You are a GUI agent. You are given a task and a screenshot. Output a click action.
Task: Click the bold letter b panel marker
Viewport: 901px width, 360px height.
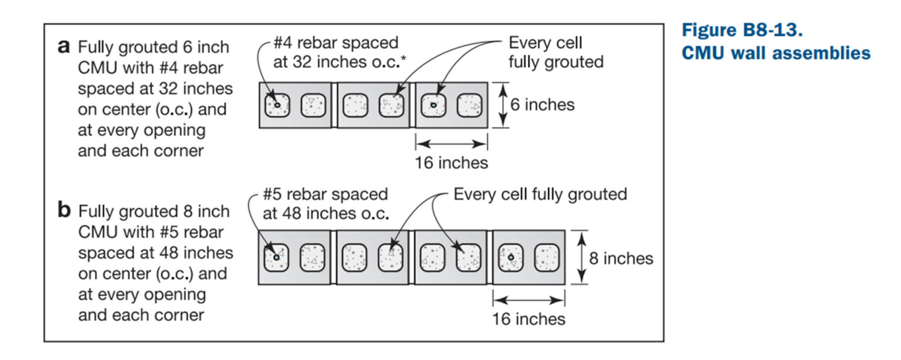click(65, 210)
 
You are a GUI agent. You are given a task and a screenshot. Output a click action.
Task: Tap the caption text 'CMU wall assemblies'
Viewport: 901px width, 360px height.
click(776, 53)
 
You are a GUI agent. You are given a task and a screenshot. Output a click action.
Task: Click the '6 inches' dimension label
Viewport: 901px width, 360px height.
click(542, 105)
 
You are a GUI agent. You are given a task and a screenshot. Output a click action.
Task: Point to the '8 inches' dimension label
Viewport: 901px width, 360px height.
click(621, 259)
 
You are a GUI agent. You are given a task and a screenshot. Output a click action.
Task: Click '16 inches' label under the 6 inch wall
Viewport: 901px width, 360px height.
click(451, 162)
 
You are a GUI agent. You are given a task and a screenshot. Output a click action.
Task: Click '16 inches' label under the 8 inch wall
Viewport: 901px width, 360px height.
click(529, 319)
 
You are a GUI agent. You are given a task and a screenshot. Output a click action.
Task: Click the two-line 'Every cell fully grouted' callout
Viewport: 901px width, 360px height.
click(555, 52)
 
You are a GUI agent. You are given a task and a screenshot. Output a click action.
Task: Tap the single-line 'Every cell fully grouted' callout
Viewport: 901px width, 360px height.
click(540, 194)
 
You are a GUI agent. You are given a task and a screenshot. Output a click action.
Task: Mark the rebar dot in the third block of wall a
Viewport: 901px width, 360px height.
click(433, 105)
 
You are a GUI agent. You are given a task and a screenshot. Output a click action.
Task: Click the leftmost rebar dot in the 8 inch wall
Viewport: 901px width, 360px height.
click(276, 257)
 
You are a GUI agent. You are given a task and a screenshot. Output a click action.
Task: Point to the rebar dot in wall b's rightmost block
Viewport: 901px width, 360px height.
click(511, 257)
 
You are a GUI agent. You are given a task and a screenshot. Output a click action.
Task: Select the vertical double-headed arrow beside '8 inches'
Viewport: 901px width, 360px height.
click(580, 257)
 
